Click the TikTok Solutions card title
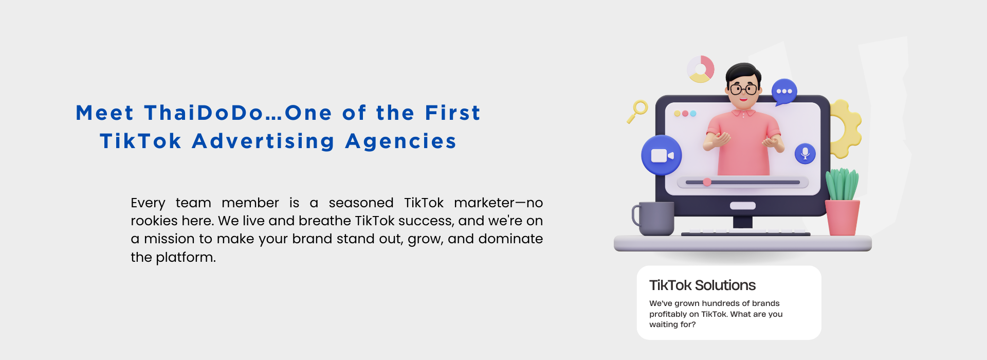pyautogui.click(x=702, y=285)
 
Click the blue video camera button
pyautogui.click(x=662, y=155)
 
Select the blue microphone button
pyautogui.click(x=805, y=153)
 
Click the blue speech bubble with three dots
pyautogui.click(x=784, y=92)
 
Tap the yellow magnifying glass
pyautogui.click(x=637, y=111)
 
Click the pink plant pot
pyautogui.click(x=842, y=218)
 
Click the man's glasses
pyautogui.click(x=743, y=89)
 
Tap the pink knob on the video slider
pyautogui.click(x=707, y=182)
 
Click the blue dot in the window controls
pyautogui.click(x=693, y=114)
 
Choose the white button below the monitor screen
pyautogui.click(x=743, y=206)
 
